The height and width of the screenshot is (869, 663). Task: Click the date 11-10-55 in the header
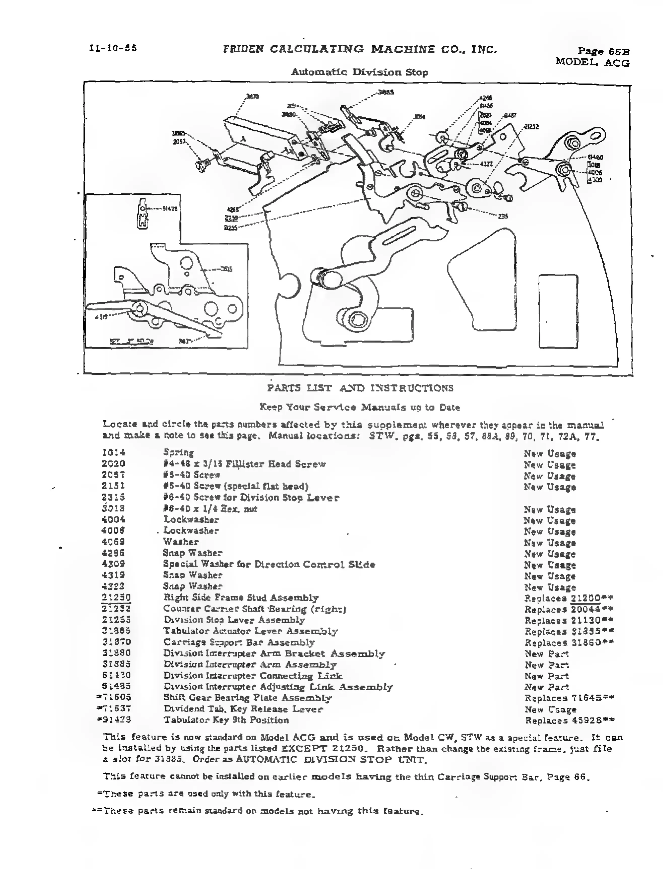point(113,48)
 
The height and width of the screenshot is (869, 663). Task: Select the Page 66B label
point(603,51)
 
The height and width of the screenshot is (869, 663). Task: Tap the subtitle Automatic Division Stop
point(359,72)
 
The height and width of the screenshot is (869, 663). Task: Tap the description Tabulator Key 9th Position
point(226,720)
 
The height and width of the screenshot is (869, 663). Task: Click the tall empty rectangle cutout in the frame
point(558,312)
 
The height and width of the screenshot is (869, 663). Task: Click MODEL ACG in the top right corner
point(592,62)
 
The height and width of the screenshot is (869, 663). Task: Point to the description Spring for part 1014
point(178,453)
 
